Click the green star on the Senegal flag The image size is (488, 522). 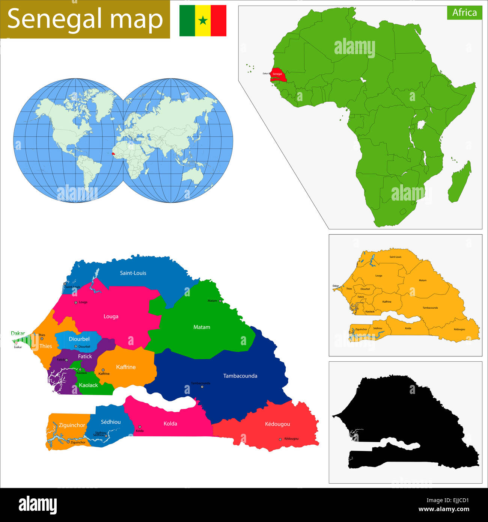(x=203, y=20)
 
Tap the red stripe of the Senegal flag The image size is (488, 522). (x=218, y=20)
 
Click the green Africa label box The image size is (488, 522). (x=464, y=12)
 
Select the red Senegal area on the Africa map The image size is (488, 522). (x=278, y=74)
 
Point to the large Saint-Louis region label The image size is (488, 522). (x=133, y=273)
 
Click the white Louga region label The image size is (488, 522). (x=111, y=317)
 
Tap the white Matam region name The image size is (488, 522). (x=202, y=327)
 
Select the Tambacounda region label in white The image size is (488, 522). (x=240, y=376)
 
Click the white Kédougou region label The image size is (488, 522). (x=277, y=424)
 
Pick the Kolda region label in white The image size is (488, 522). (x=170, y=424)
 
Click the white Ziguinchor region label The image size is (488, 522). (x=72, y=425)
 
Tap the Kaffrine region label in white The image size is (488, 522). (x=126, y=367)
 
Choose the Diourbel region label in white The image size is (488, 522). (x=79, y=339)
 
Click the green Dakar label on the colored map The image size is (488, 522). (x=18, y=333)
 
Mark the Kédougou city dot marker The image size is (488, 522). (x=280, y=439)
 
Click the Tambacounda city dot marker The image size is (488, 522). (x=202, y=387)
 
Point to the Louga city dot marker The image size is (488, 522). (x=76, y=302)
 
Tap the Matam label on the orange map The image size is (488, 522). (x=423, y=280)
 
